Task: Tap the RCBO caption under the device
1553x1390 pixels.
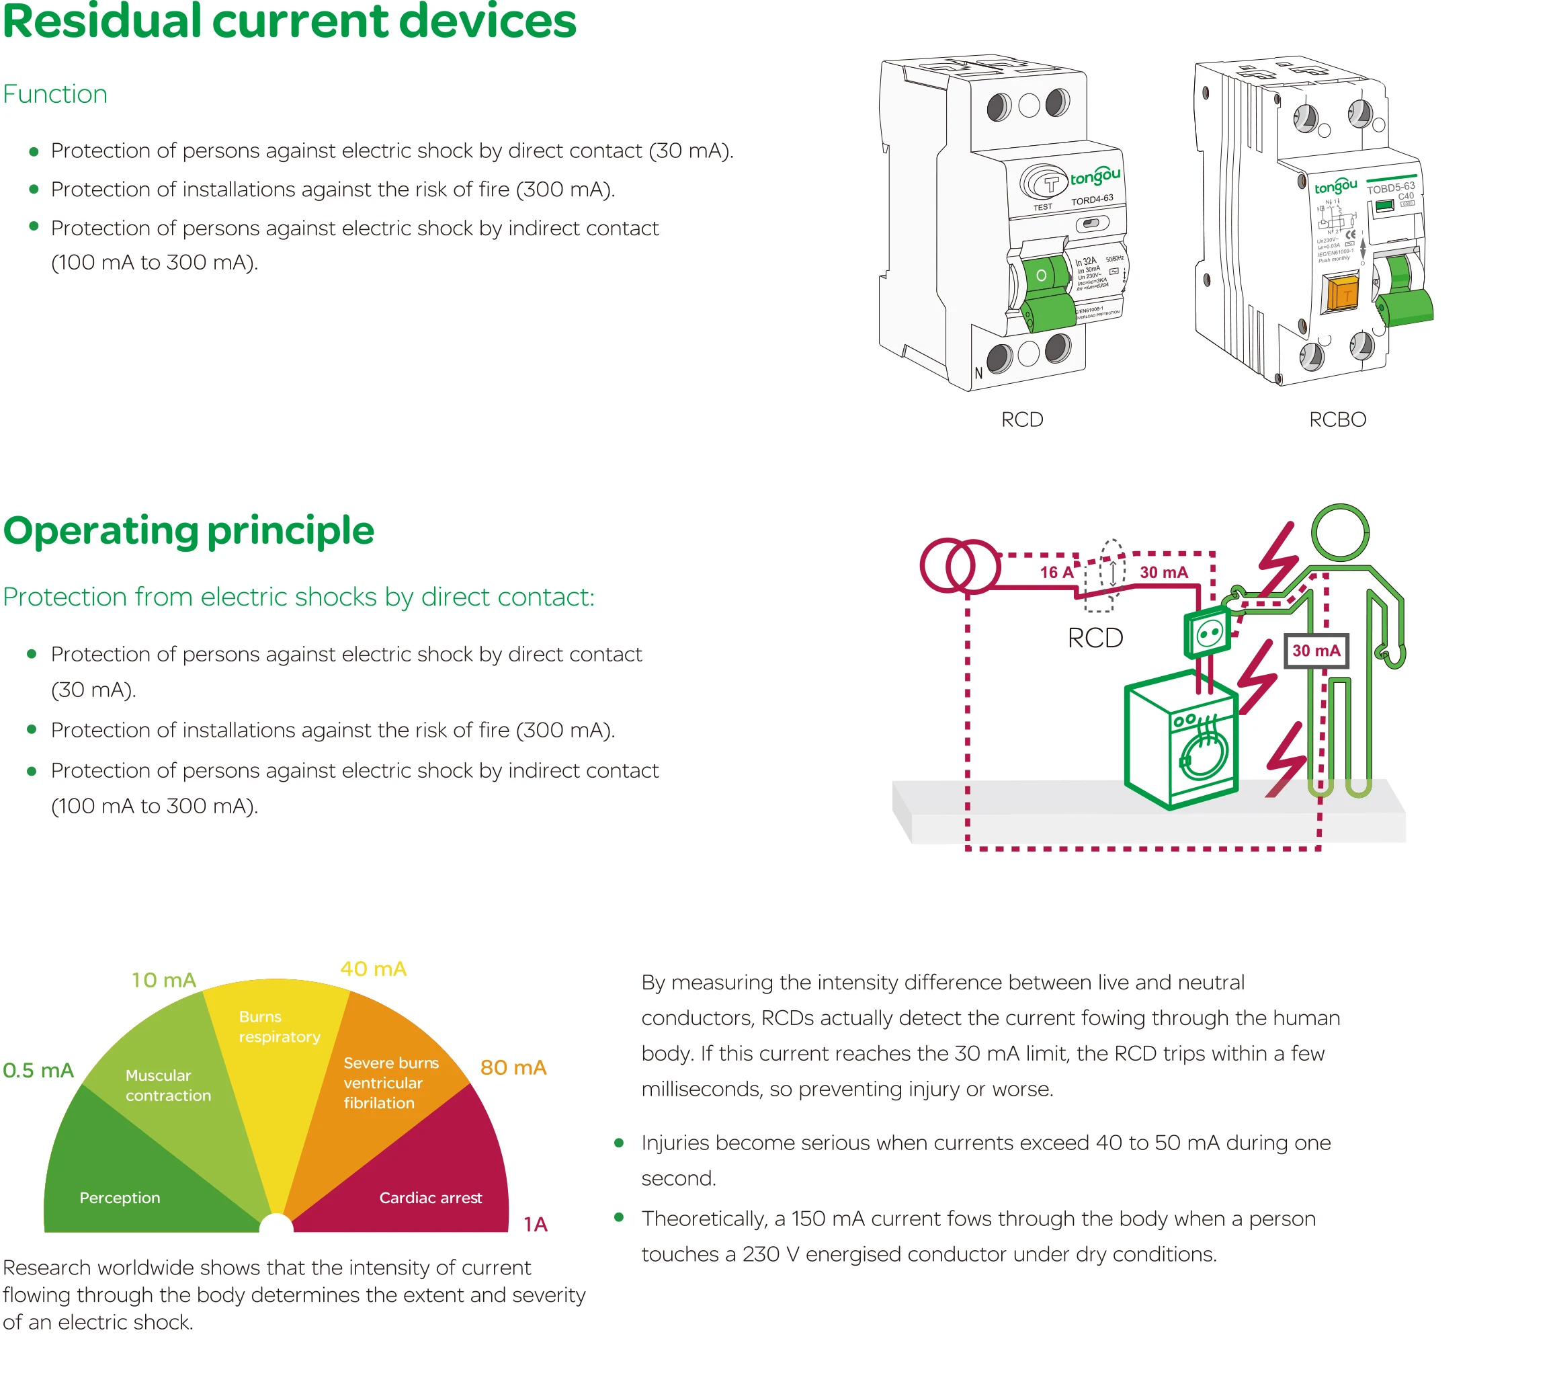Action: tap(1337, 419)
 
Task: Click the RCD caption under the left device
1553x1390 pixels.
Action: tap(1021, 419)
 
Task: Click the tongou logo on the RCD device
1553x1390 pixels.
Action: tap(1094, 178)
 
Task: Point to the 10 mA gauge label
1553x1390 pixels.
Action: tap(163, 980)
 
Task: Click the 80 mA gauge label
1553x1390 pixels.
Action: tap(513, 1067)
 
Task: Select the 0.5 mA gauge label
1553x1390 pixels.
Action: tap(38, 1070)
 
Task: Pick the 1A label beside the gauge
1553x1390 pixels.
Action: tap(535, 1224)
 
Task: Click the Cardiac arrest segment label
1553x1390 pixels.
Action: tap(431, 1198)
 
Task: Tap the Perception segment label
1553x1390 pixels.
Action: tap(120, 1198)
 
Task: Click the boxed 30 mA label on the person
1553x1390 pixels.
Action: tap(1316, 651)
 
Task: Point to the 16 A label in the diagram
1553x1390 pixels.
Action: tap(1056, 572)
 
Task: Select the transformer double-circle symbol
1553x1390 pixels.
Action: tap(960, 566)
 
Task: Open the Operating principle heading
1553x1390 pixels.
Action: tap(189, 531)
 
